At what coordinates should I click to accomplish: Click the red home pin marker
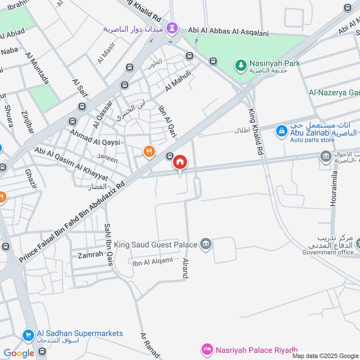point(180,162)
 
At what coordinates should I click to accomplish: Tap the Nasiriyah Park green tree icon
point(241,65)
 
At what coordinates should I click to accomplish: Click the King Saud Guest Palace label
point(156,245)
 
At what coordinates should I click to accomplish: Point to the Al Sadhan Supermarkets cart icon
point(28,335)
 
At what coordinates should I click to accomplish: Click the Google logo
point(19,353)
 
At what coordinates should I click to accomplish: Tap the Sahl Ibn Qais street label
point(108,245)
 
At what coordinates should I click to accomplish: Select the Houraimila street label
point(333,189)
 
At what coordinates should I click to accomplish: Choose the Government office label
point(328,252)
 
